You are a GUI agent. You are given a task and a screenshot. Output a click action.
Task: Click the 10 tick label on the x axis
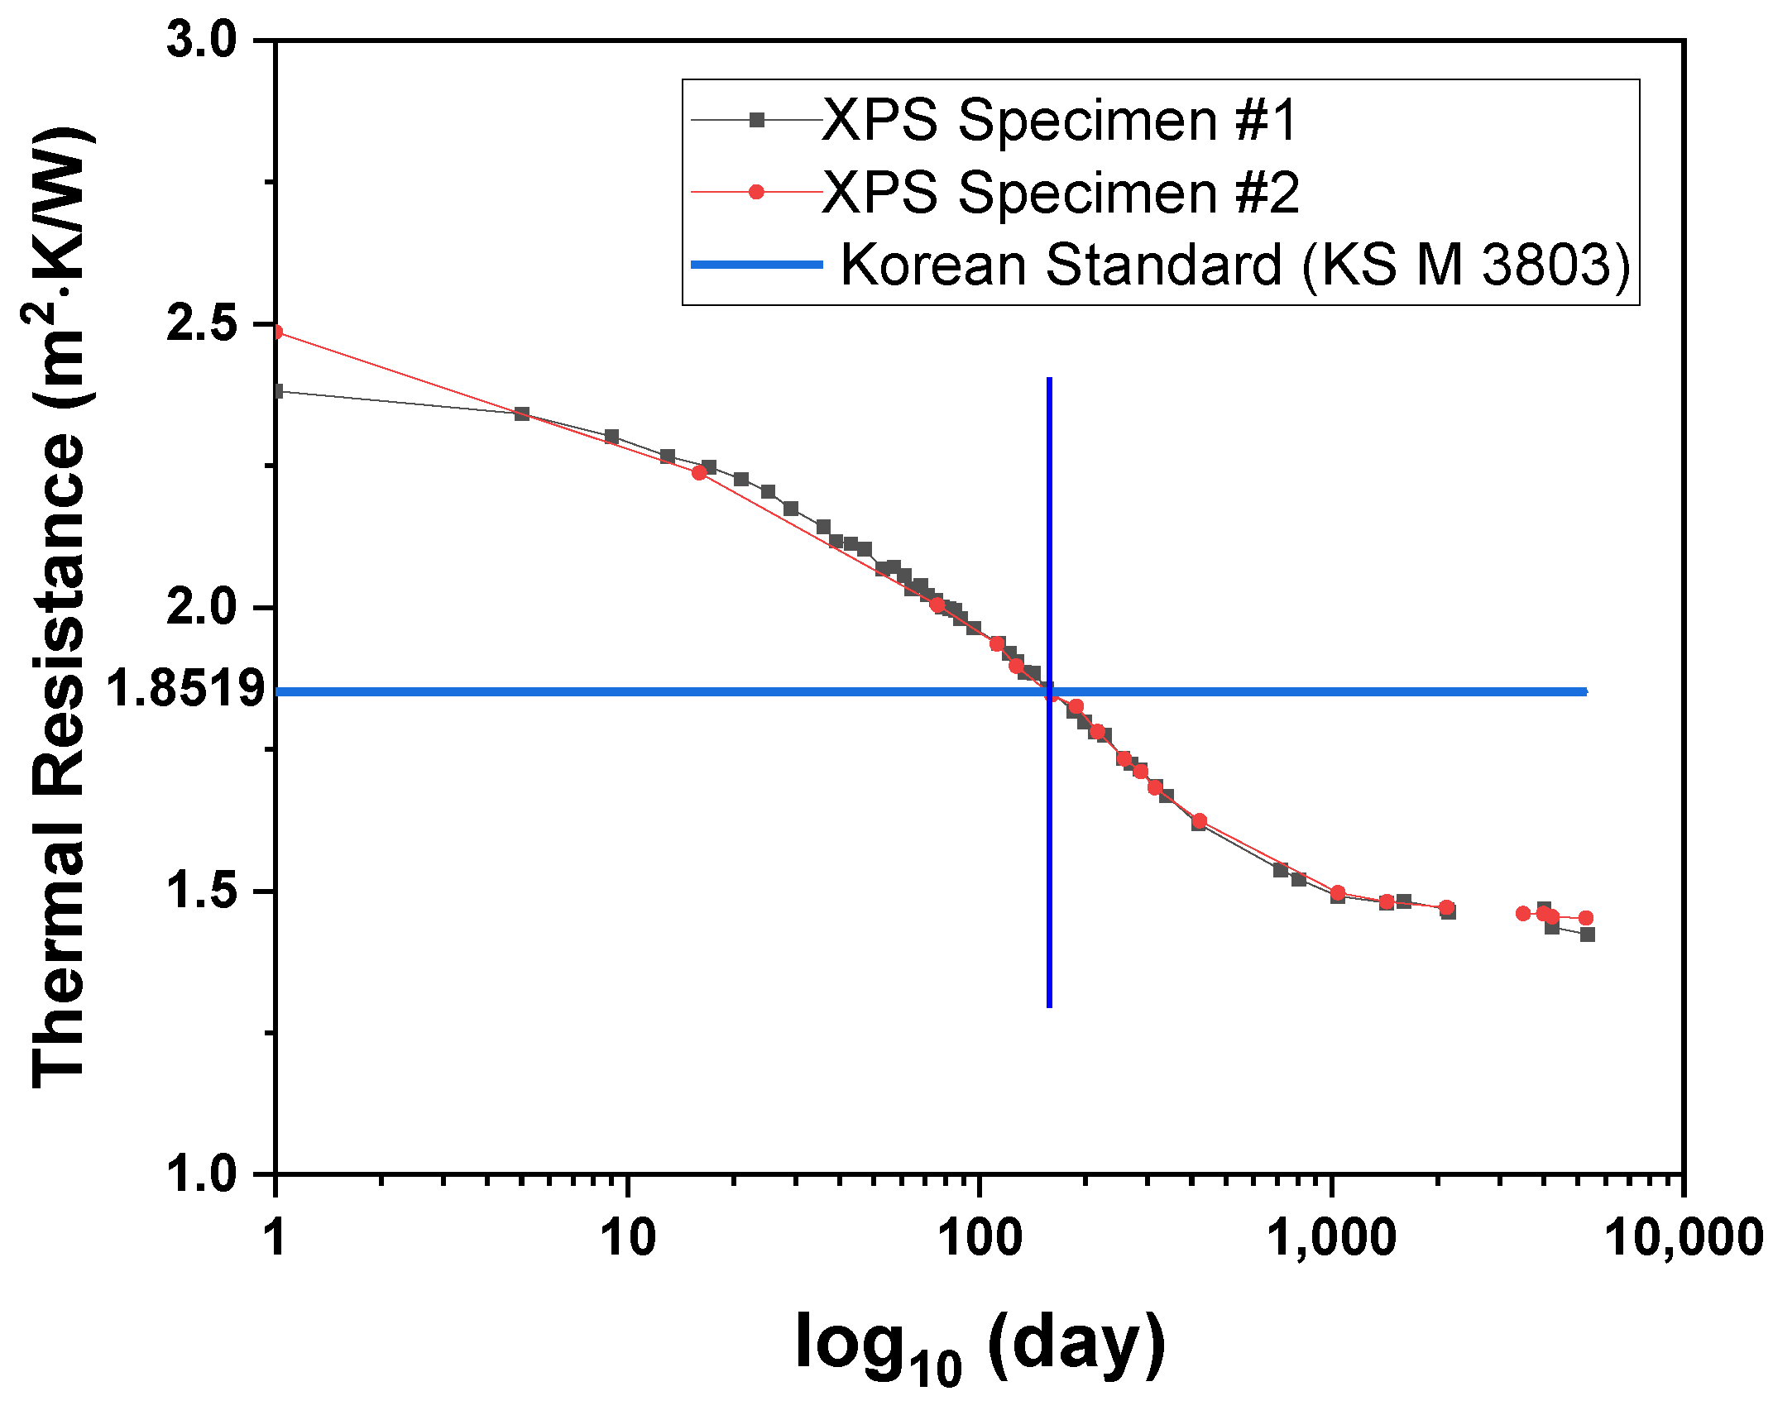[x=628, y=1238]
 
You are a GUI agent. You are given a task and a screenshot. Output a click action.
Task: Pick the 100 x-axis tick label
[x=980, y=1238]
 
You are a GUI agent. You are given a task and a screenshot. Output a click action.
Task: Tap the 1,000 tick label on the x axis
[x=1332, y=1238]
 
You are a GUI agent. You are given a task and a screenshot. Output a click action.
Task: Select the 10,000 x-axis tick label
[x=1684, y=1238]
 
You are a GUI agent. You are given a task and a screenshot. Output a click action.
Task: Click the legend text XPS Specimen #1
[x=1059, y=121]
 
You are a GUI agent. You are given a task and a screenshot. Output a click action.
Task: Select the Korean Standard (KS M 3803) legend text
[x=1234, y=265]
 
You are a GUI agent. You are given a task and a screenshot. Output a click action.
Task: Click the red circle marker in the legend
[x=756, y=193]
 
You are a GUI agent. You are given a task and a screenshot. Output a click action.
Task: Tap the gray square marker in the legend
[x=756, y=121]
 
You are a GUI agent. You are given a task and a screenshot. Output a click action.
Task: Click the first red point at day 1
[x=277, y=332]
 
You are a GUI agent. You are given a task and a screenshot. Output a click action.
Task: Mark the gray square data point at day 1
[x=278, y=391]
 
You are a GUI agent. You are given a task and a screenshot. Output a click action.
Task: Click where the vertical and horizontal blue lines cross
[x=1049, y=691]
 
